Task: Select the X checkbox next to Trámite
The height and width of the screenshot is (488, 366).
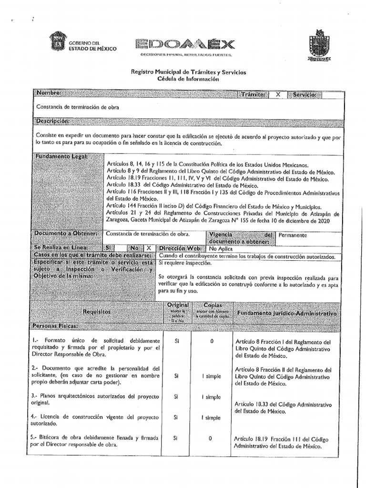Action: [x=278, y=95]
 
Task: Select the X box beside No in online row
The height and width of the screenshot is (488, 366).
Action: [x=149, y=248]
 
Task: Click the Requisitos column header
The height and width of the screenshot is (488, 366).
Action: [x=97, y=311]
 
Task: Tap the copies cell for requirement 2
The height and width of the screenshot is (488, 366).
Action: [x=211, y=376]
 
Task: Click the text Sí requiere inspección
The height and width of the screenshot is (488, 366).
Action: [x=183, y=263]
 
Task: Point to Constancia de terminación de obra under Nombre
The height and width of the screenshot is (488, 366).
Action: [x=78, y=107]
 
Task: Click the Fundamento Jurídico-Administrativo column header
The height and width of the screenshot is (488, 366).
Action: [x=286, y=314]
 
